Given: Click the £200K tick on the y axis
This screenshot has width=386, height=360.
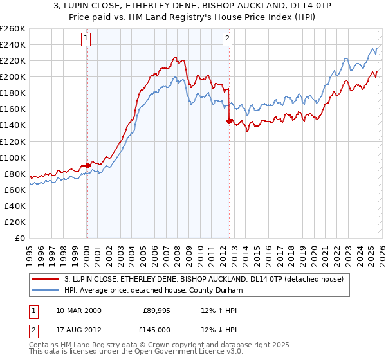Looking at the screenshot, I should (13, 77).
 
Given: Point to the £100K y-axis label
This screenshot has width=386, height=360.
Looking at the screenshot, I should (13, 157).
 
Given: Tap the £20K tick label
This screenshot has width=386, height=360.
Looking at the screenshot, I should (15, 222).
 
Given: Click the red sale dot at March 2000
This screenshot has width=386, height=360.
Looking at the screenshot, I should (88, 165).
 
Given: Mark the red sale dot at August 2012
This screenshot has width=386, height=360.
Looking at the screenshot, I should (229, 120).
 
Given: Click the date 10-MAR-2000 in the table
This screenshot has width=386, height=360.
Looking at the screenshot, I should (78, 310).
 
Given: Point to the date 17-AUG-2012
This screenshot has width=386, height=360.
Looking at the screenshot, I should (78, 330).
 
